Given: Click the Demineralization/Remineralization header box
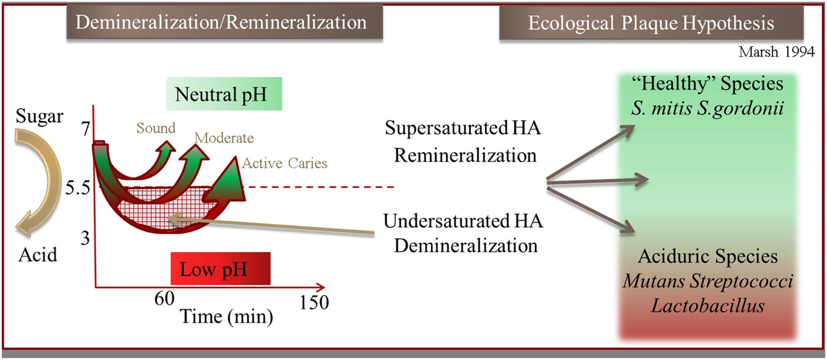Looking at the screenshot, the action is (224, 23).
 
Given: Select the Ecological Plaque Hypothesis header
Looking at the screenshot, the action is (651, 23).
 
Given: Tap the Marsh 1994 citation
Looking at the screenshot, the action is (777, 52).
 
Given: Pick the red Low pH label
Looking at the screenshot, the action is (220, 269).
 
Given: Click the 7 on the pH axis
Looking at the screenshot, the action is (86, 129).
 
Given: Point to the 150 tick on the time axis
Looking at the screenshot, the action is (313, 302).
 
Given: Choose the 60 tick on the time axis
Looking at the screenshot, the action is (165, 299).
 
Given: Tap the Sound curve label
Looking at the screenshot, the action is (156, 128).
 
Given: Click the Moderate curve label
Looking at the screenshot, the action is (224, 138).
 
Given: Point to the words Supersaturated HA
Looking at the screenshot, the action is (463, 129).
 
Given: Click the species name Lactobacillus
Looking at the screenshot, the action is (709, 305).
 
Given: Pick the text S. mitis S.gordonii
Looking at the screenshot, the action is (707, 108).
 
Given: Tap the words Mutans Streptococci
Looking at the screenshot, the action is (708, 281).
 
